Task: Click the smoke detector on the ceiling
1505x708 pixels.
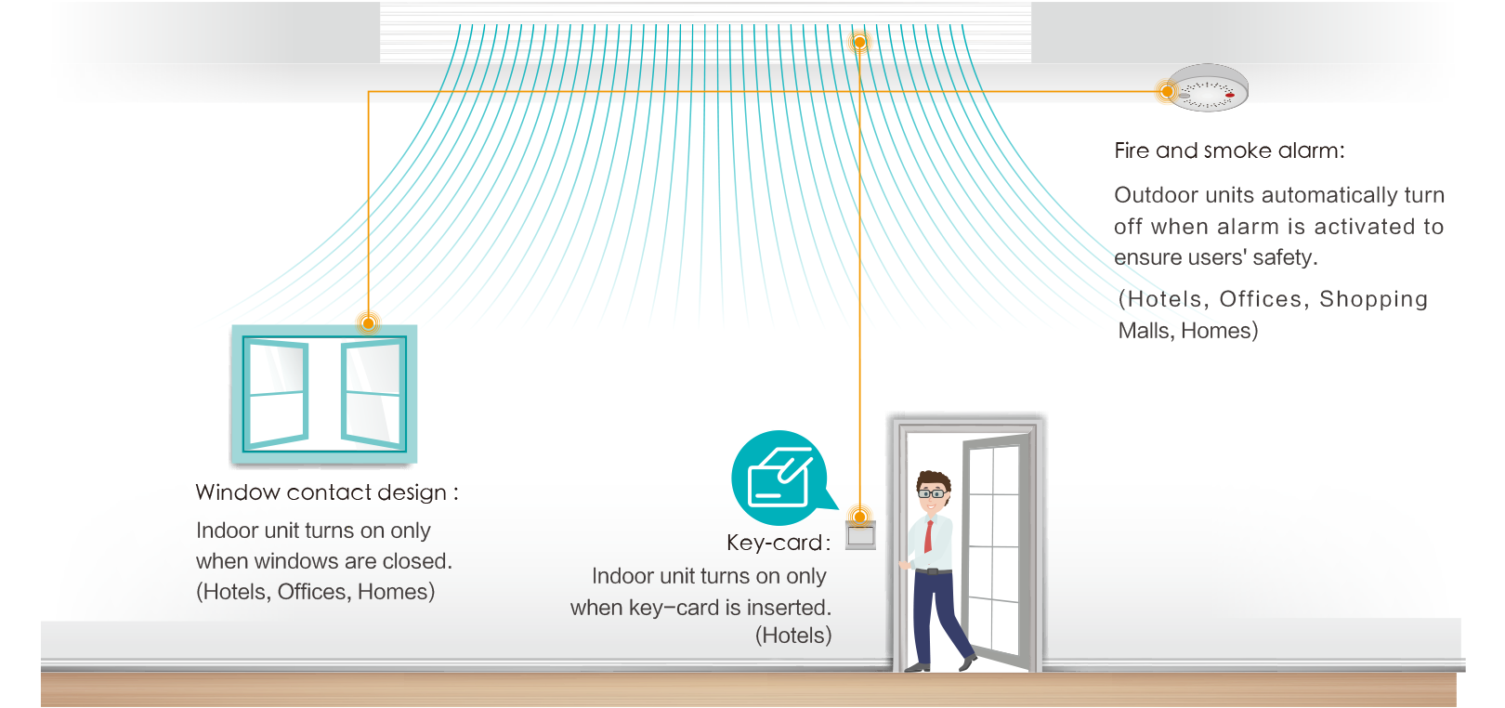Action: point(1208,87)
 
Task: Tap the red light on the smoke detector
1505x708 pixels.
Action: point(1229,95)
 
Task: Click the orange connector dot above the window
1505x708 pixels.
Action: point(369,323)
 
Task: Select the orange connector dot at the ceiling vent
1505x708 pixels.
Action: point(859,42)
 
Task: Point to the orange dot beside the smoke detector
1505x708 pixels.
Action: point(1167,91)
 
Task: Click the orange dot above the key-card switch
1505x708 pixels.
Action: point(860,517)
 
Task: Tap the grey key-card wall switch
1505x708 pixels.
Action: point(860,536)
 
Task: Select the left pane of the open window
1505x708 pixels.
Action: point(276,394)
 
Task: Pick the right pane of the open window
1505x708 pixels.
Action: point(373,394)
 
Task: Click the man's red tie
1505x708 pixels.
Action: point(928,536)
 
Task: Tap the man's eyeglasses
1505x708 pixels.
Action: point(931,493)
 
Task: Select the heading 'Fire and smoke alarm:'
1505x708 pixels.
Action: point(1229,151)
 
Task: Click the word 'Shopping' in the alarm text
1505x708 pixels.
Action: point(1373,299)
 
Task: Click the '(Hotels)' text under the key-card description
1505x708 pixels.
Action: point(792,636)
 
